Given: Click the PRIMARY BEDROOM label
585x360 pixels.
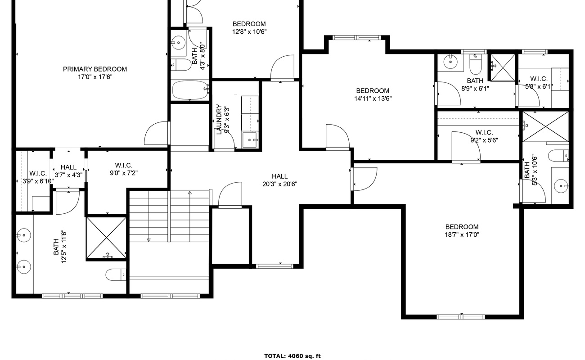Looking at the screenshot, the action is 95,69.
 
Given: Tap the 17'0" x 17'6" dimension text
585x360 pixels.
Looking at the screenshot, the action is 95,77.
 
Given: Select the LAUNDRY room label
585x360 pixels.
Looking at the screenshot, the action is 219,119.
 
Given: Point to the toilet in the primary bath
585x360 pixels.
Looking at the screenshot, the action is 116,274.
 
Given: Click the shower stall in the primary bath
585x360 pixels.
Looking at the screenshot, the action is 106,238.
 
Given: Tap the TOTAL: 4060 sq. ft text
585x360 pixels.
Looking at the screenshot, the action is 292,356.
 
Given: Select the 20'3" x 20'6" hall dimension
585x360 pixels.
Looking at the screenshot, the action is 280,184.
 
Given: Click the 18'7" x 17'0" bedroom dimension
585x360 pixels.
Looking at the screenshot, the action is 462,234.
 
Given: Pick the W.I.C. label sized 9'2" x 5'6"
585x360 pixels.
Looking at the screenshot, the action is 484,132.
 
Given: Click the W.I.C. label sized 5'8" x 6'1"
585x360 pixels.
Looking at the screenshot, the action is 539,79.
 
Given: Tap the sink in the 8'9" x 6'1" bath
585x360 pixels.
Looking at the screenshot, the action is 450,62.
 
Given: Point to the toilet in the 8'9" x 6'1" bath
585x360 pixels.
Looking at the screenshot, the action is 476,64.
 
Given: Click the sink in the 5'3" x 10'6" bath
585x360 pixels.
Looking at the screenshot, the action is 561,186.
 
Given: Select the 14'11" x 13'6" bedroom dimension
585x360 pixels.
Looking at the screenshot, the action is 373,99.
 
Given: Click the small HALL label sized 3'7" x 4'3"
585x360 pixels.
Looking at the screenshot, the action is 69,167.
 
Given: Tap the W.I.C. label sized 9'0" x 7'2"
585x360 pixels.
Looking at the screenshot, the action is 124,165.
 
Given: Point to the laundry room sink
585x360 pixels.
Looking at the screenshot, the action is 249,140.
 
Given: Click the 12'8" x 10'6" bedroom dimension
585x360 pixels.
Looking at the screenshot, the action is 249,32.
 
